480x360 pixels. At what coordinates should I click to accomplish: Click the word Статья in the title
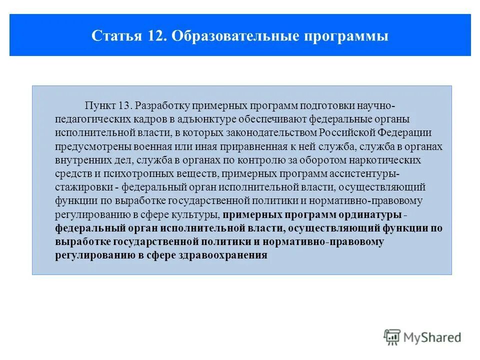point(113,36)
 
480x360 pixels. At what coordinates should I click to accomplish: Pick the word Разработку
point(159,106)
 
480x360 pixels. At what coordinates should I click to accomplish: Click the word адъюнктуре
point(184,120)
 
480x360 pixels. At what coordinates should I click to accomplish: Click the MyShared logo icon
point(392,336)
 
